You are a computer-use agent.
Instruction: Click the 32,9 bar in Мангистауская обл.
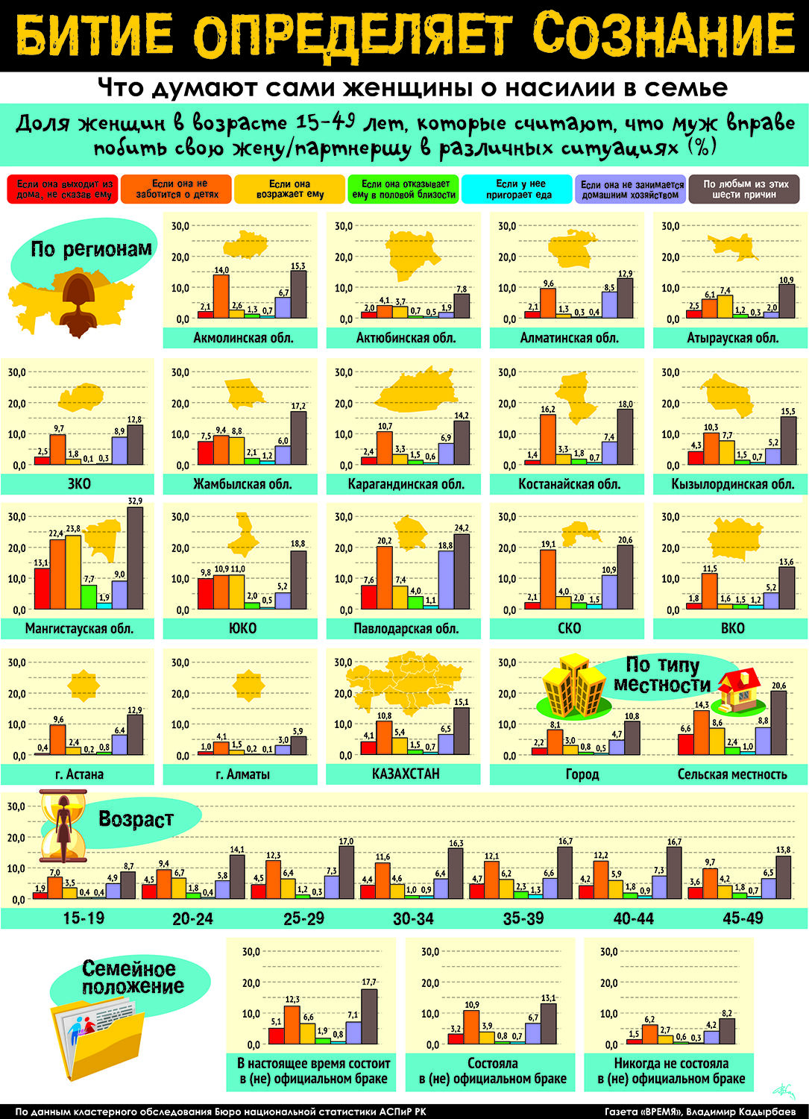click(136, 558)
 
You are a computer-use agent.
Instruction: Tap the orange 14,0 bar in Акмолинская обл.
click(221, 296)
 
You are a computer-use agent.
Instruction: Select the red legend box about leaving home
click(63, 189)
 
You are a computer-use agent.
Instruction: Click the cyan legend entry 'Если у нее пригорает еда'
click(517, 189)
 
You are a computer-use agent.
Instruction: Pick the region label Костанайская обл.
click(570, 484)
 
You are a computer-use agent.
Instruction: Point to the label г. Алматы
click(243, 774)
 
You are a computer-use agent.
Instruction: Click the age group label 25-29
click(303, 918)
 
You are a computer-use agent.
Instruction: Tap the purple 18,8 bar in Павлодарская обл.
click(446, 580)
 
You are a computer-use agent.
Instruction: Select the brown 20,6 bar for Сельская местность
click(778, 723)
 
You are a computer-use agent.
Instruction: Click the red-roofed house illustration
click(739, 691)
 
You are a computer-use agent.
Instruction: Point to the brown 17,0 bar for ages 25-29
click(347, 873)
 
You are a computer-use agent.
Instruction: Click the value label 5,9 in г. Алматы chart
click(298, 731)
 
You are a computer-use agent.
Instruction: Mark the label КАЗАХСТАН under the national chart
click(406, 774)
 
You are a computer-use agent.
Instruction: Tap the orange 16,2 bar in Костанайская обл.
click(548, 439)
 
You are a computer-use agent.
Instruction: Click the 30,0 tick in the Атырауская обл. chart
click(671, 226)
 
